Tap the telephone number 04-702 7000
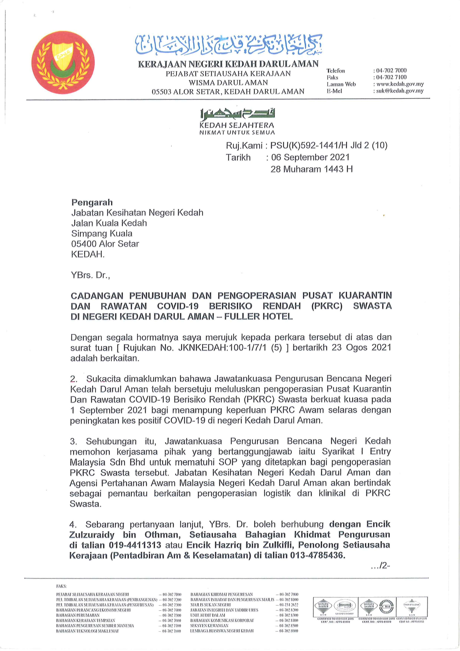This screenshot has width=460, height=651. pos(391,70)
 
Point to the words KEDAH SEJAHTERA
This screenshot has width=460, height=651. pos(237,125)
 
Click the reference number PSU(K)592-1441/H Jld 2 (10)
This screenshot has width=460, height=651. pos(329,145)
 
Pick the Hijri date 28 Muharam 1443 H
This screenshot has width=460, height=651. pos(311,169)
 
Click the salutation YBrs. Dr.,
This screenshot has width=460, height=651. pos(90,275)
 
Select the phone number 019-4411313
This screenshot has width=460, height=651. pos(135,545)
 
